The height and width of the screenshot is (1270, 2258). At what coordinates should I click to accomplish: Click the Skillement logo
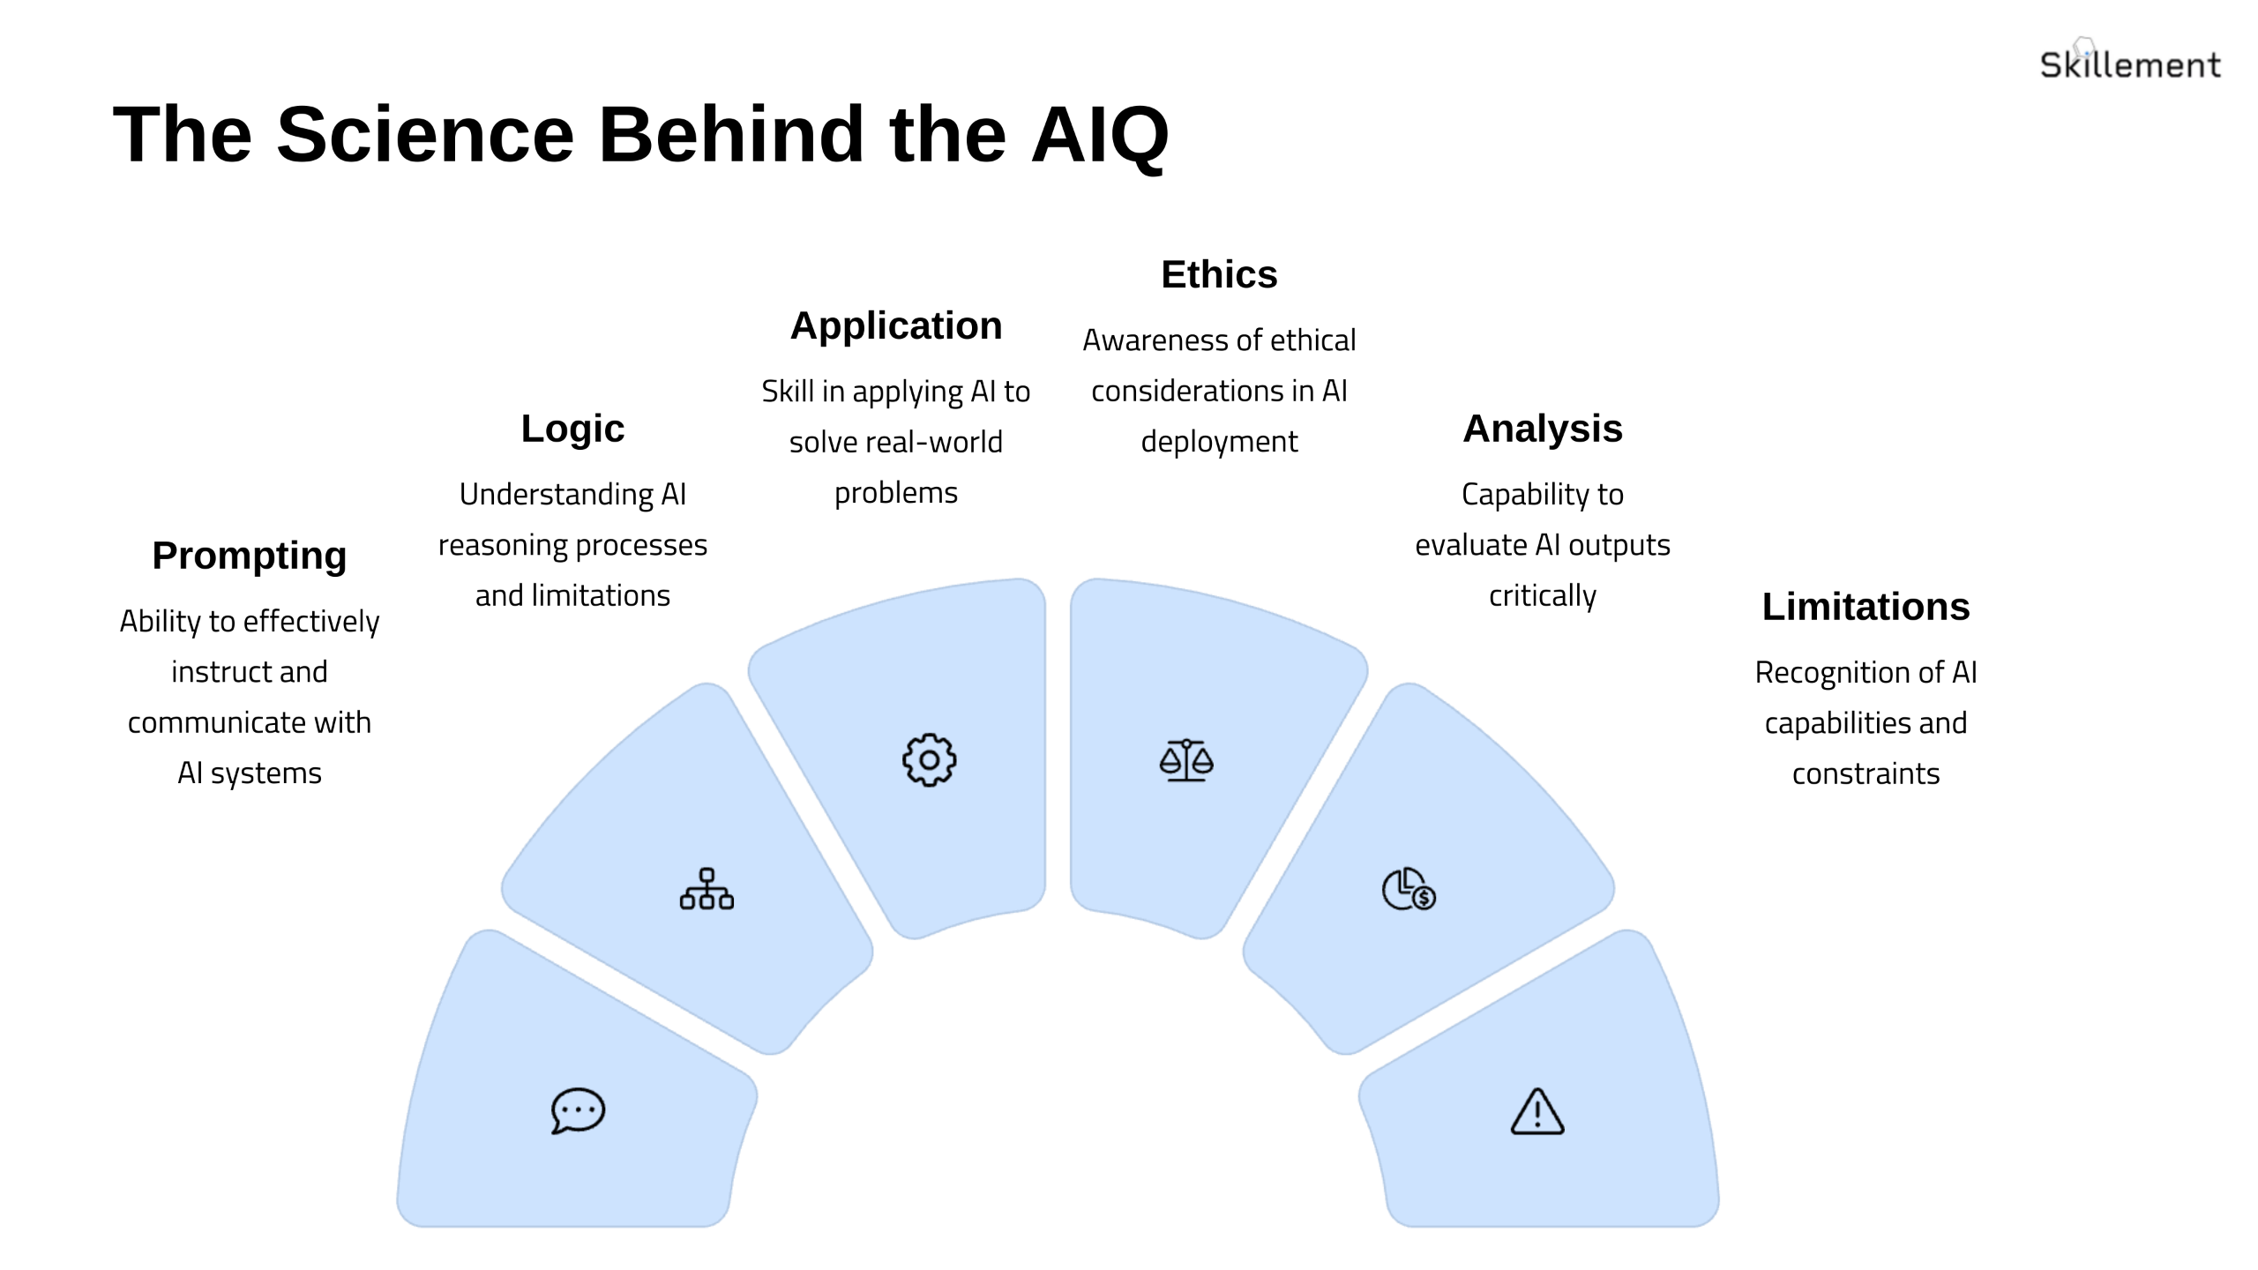coord(2129,63)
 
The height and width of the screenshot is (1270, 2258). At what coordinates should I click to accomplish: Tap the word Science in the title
coord(425,135)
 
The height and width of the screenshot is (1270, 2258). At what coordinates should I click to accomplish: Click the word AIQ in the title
coord(1100,135)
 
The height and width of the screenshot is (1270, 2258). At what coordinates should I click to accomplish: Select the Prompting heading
coord(250,556)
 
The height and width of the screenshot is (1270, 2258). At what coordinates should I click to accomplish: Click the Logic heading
coord(572,429)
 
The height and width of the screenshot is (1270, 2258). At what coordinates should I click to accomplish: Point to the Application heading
coord(896,325)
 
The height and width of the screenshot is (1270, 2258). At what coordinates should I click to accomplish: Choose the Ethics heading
coord(1219,274)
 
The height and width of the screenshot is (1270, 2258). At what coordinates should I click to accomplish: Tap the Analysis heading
coord(1543,429)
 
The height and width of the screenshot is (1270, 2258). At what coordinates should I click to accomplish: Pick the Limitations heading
coord(1865,607)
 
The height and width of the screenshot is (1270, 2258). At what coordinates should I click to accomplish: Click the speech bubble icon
coord(578,1110)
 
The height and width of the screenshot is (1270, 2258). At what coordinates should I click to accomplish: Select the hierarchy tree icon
coord(707,889)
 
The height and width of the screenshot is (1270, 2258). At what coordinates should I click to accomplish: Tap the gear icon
coord(929,759)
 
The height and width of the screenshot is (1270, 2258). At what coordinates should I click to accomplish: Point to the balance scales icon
coord(1186,760)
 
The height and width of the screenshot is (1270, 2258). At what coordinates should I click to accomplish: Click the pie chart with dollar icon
coord(1409,889)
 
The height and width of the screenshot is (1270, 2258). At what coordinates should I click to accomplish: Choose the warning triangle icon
coord(1537,1111)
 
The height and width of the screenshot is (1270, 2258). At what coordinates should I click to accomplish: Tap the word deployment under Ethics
coord(1219,441)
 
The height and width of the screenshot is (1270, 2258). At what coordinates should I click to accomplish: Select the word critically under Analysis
coord(1543,595)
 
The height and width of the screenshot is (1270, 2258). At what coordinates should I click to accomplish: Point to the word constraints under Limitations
coord(1865,773)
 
